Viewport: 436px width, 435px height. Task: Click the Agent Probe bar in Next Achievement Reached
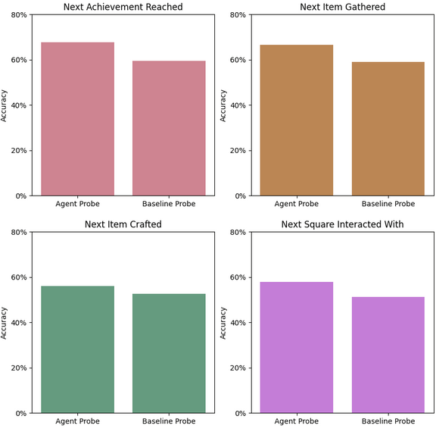coord(77,119)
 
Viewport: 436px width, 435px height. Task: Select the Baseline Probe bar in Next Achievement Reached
coord(169,128)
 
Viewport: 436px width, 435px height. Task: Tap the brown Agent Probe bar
coord(297,120)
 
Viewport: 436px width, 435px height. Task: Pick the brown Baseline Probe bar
coord(388,129)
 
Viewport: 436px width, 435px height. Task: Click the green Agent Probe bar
coord(77,349)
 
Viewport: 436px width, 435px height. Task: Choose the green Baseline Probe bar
coord(169,353)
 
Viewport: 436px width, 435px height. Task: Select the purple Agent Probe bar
coord(297,347)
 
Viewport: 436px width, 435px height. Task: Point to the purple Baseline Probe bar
coord(388,355)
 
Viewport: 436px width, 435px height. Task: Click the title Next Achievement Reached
coord(123,7)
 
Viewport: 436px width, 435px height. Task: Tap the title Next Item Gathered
coord(342,7)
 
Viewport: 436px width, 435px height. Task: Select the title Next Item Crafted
coord(123,224)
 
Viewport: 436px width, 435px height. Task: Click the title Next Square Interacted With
coord(342,224)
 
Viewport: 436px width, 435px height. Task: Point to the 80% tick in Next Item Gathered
coord(238,14)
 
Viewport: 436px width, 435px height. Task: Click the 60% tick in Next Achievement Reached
coord(19,60)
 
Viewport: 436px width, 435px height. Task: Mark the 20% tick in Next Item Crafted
coord(19,368)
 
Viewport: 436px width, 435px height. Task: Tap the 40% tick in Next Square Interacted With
coord(238,323)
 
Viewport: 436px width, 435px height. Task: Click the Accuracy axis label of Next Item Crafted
coord(4,323)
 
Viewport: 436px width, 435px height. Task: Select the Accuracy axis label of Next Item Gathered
coord(223,105)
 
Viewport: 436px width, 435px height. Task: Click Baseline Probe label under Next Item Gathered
coord(388,204)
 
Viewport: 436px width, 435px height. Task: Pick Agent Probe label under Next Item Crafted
coord(77,421)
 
